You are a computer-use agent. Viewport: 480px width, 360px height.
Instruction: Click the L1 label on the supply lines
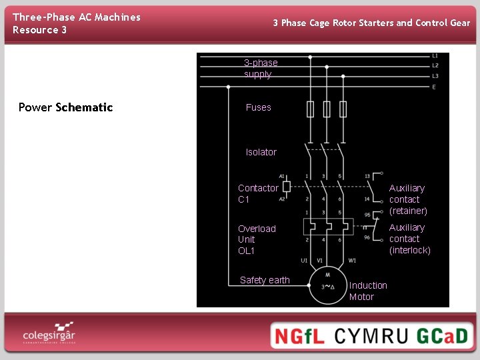435,56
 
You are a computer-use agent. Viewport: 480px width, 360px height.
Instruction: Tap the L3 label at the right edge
435,76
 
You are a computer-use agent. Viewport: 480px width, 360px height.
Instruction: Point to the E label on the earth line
435,87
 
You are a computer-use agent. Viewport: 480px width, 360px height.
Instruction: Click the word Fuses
258,107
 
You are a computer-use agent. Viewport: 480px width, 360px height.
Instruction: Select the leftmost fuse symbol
310,109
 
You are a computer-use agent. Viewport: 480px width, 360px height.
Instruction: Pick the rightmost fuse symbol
343,109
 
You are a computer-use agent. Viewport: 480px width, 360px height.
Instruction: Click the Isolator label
261,152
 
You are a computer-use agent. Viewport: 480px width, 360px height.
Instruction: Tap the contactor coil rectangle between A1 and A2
287,187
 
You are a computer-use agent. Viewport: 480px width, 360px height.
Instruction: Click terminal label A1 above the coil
282,177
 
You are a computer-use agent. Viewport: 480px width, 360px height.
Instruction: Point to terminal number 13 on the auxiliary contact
367,177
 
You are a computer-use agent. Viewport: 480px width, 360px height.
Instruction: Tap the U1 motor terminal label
304,261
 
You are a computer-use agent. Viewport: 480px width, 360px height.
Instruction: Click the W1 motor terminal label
351,261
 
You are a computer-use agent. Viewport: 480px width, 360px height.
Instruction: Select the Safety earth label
265,280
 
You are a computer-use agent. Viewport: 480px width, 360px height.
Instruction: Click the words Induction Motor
368,291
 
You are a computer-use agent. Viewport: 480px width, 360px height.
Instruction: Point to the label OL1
246,251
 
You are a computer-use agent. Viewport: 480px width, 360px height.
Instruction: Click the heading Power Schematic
65,107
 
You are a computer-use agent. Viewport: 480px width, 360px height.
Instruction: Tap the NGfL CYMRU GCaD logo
371,335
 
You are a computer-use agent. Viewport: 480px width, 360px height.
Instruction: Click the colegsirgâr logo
49,333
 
